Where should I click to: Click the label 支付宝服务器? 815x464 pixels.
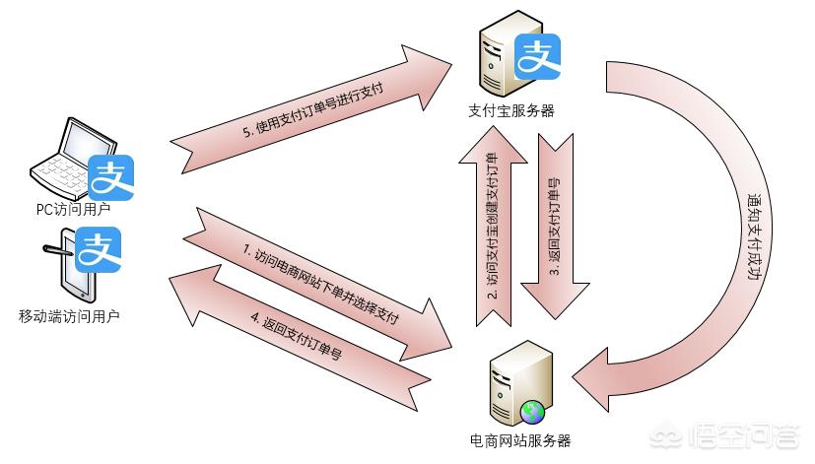(510, 111)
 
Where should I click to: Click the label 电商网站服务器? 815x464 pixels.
(520, 440)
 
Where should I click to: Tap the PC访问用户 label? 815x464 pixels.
(67, 209)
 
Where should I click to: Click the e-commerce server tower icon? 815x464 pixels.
(517, 385)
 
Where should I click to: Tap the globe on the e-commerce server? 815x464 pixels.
(533, 411)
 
